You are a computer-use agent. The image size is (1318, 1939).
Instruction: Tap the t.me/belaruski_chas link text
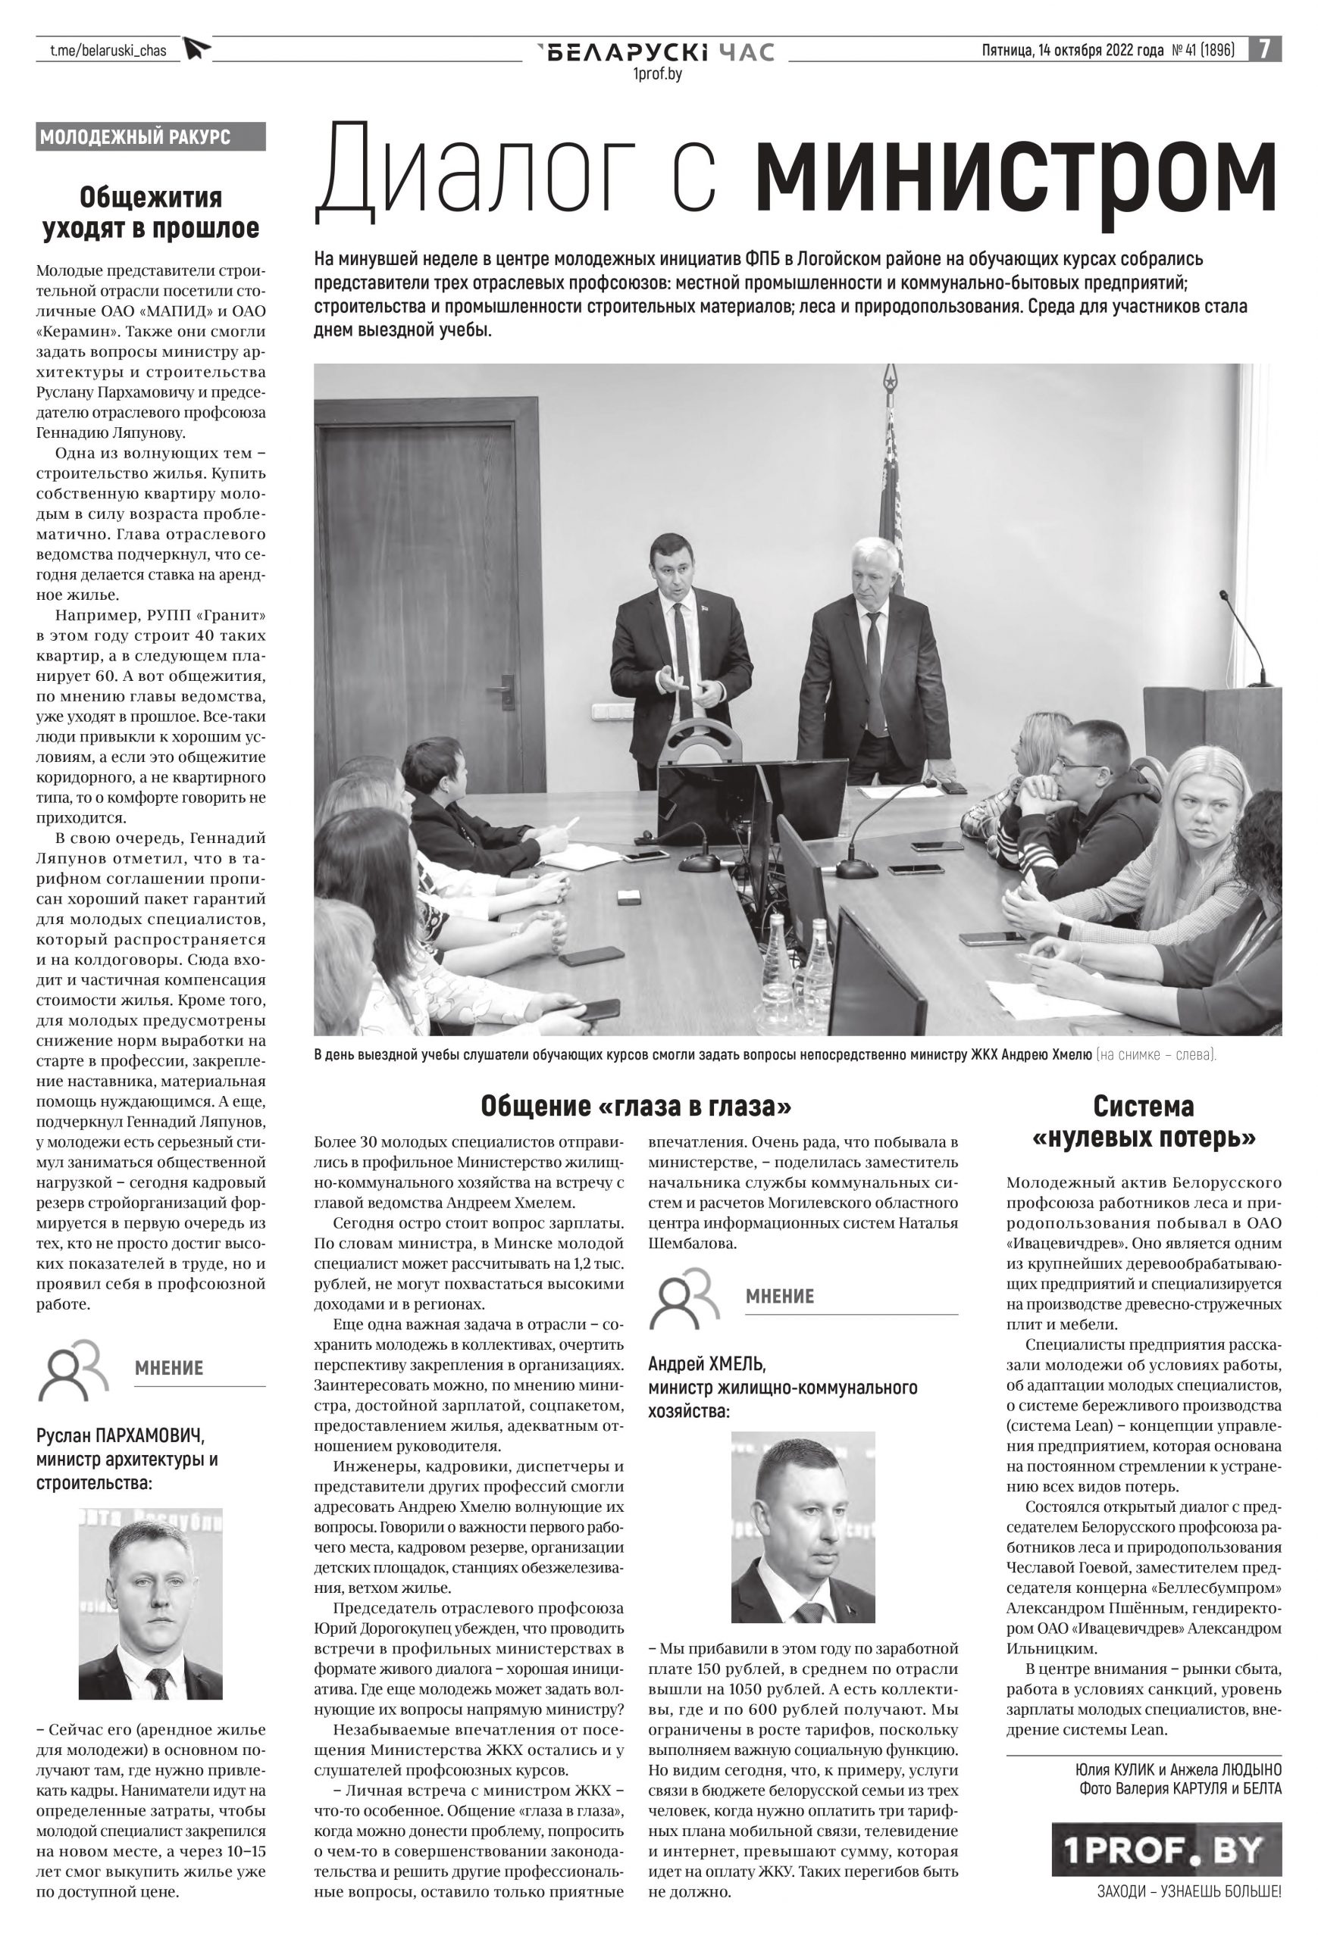click(108, 51)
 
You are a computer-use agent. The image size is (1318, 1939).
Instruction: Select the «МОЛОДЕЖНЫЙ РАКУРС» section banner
click(151, 137)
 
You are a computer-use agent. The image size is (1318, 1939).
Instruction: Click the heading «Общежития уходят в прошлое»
click(151, 213)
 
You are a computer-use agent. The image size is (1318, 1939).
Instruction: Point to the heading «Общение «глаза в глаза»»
click(635, 1107)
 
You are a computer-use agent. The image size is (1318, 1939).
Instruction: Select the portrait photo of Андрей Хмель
click(802, 1527)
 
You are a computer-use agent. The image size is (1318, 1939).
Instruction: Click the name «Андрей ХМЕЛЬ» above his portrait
click(706, 1364)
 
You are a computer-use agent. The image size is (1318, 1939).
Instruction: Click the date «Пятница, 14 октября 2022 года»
click(1072, 51)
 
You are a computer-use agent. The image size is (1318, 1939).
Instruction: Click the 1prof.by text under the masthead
click(658, 75)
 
